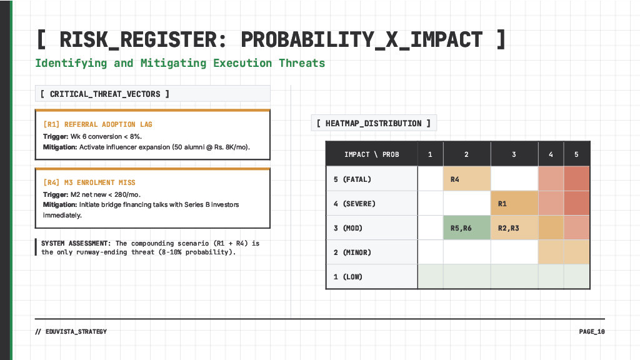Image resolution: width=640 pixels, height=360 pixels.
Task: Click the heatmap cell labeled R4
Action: click(x=467, y=179)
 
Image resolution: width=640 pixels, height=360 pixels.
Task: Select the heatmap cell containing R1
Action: click(x=514, y=203)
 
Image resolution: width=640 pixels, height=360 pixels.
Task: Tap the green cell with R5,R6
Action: click(x=467, y=228)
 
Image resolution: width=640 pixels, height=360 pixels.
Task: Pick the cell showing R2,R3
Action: click(x=514, y=228)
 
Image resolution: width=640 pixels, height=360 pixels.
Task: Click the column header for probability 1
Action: click(x=430, y=154)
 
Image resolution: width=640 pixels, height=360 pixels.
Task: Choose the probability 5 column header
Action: click(x=577, y=154)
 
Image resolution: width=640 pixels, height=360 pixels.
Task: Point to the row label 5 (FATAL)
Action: click(x=352, y=179)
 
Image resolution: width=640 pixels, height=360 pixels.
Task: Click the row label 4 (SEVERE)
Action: click(x=354, y=204)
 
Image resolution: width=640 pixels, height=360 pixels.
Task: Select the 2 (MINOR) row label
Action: click(x=352, y=252)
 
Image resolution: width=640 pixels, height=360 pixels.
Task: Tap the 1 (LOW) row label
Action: click(x=348, y=277)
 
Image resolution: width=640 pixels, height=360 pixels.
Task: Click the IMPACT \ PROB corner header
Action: click(x=372, y=154)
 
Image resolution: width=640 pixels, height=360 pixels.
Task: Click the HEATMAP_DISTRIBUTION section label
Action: click(x=374, y=123)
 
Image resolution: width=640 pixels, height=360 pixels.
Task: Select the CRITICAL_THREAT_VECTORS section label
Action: click(x=105, y=94)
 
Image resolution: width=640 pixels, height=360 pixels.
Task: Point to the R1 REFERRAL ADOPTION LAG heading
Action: click(x=97, y=124)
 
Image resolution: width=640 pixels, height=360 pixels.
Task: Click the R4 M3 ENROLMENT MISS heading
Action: click(x=89, y=182)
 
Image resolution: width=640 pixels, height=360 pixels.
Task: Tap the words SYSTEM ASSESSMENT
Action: click(x=76, y=243)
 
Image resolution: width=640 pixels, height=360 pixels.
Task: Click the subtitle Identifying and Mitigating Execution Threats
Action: click(x=180, y=63)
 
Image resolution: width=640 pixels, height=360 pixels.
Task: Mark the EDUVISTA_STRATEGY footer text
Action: click(x=71, y=331)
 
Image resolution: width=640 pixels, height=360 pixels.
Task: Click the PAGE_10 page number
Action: click(x=591, y=331)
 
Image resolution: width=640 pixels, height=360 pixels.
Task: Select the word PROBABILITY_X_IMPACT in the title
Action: click(x=361, y=39)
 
